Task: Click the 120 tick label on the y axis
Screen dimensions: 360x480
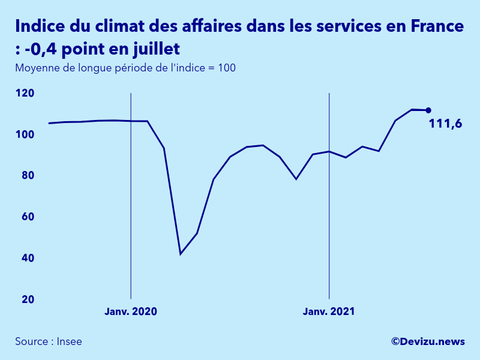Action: click(x=25, y=93)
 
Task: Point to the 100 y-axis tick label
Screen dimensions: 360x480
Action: click(x=25, y=134)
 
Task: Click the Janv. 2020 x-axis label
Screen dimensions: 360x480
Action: click(x=131, y=312)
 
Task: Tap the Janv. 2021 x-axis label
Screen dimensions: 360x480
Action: click(x=329, y=312)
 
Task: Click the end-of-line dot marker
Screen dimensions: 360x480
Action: click(x=428, y=110)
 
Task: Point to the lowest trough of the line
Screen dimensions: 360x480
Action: click(x=181, y=254)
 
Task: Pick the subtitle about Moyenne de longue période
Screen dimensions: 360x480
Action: click(x=125, y=68)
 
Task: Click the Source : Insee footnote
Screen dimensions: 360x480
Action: click(x=49, y=341)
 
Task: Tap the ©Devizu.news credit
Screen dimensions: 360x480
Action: click(x=428, y=341)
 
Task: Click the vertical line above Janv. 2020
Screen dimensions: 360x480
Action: click(x=131, y=198)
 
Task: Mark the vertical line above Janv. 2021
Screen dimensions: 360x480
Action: click(x=329, y=198)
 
